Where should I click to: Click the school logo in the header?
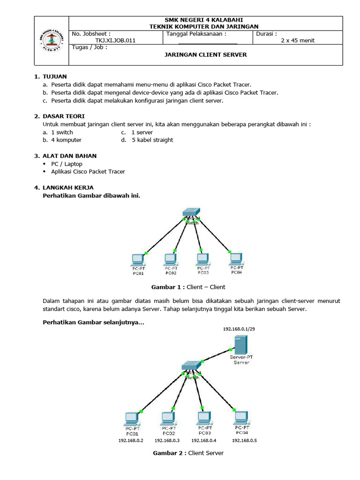tap(52, 41)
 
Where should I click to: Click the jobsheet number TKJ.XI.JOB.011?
tap(115, 40)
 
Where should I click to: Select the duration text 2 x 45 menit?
tap(297, 40)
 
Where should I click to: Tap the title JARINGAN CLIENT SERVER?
tap(205, 55)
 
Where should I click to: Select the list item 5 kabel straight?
tap(152, 140)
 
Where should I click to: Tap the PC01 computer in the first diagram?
tap(138, 259)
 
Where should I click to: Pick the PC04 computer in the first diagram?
tap(236, 258)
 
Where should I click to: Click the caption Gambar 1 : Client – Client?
tap(188, 287)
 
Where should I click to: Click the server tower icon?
tap(240, 345)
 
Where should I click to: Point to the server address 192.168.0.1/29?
tap(240, 329)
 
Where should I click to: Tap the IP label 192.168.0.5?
tap(244, 441)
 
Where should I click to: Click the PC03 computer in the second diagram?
tap(203, 417)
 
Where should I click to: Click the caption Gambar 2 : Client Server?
tap(188, 453)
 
